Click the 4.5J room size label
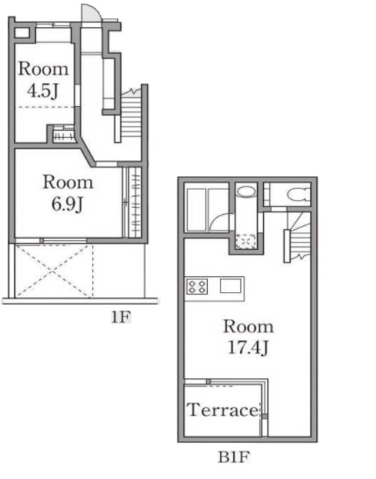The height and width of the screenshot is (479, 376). (43, 91)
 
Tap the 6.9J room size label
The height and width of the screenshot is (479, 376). (67, 204)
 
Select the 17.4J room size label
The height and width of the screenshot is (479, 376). (248, 347)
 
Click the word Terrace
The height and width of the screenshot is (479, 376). (223, 410)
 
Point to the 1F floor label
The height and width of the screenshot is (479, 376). (120, 317)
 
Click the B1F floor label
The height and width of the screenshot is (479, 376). (234, 457)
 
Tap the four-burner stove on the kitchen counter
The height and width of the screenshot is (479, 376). (197, 287)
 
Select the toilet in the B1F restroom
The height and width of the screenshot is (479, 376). (299, 195)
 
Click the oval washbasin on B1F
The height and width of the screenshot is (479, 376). (246, 192)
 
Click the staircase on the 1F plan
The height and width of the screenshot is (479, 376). (132, 115)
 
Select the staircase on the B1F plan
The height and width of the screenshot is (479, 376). (300, 237)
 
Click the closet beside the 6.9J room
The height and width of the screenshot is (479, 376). (135, 202)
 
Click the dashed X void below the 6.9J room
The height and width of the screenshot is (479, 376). (54, 271)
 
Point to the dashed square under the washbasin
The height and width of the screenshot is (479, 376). (247, 242)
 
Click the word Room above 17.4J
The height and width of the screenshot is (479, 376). (248, 326)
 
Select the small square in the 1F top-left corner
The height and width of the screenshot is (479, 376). (22, 33)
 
